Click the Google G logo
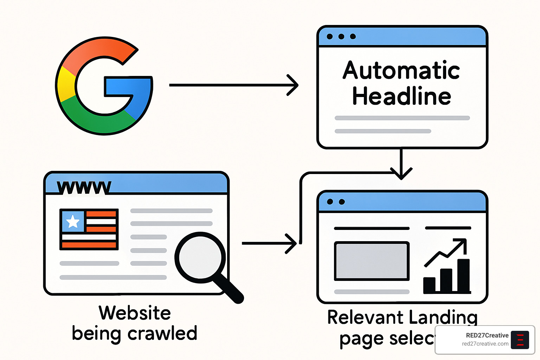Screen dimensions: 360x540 104,85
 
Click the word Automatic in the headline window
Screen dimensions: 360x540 401,70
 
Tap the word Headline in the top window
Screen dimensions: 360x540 401,96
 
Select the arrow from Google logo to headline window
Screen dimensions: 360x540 234,85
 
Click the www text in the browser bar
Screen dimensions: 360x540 84,187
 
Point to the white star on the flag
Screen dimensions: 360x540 73,221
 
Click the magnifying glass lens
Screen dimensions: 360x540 200,257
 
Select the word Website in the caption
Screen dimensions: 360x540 135,313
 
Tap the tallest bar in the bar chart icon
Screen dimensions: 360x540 464,276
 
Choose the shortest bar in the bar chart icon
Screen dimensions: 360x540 429,285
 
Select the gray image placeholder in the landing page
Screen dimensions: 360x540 372,261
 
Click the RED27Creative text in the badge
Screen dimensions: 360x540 487,335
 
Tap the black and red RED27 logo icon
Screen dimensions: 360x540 520,340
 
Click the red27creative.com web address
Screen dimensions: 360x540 485,344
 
